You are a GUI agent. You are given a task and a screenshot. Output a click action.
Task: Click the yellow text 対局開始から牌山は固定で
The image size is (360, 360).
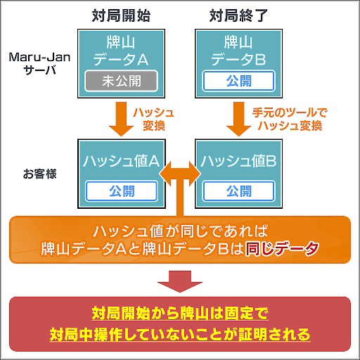180,312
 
